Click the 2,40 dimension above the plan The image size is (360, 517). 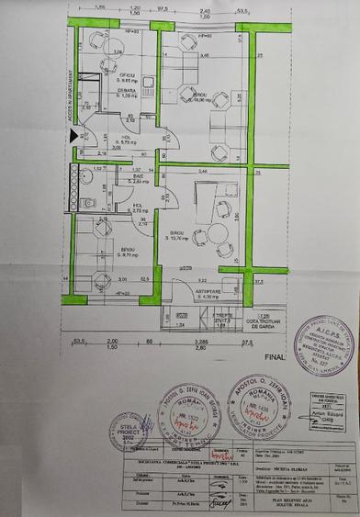click(202, 11)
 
